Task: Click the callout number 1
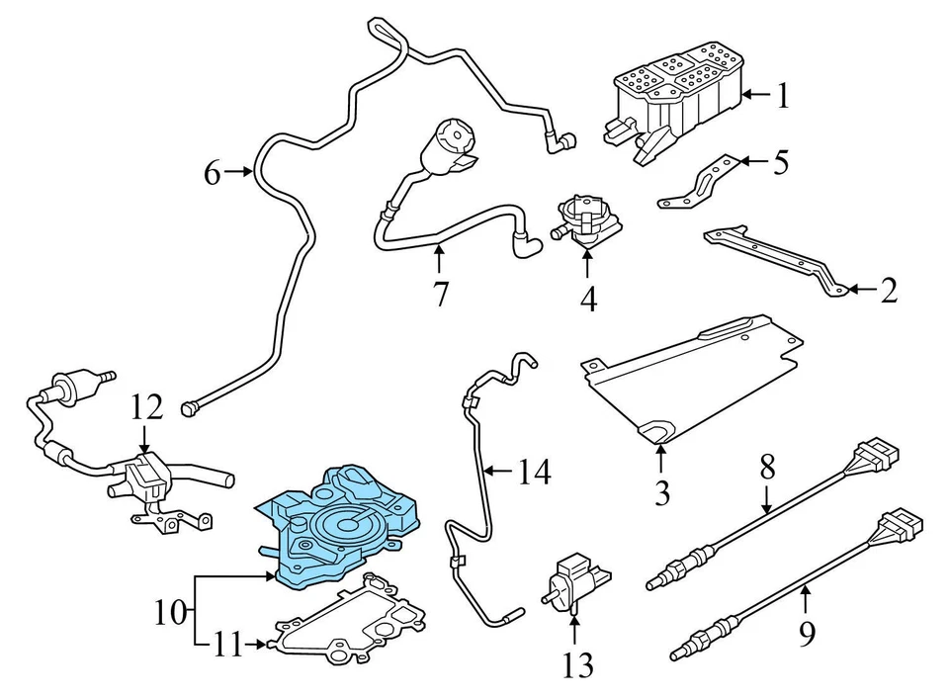[x=783, y=96]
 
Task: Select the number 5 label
[x=781, y=162]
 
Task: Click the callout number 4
[x=588, y=298]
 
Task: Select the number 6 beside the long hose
[x=213, y=174]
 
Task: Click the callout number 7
[x=440, y=293]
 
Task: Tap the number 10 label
[x=170, y=613]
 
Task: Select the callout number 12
[x=146, y=406]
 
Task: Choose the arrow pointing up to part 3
[x=661, y=456]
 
